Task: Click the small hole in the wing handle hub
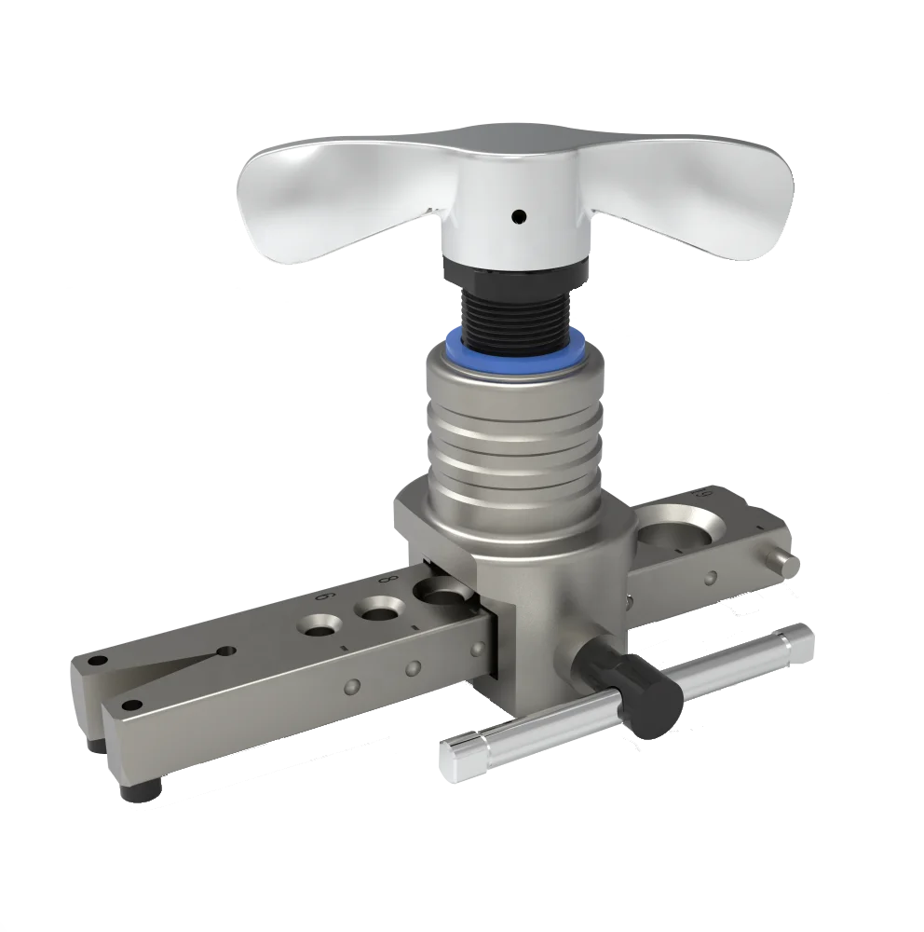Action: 519,217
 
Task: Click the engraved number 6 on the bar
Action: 326,596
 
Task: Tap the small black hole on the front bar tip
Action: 133,704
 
